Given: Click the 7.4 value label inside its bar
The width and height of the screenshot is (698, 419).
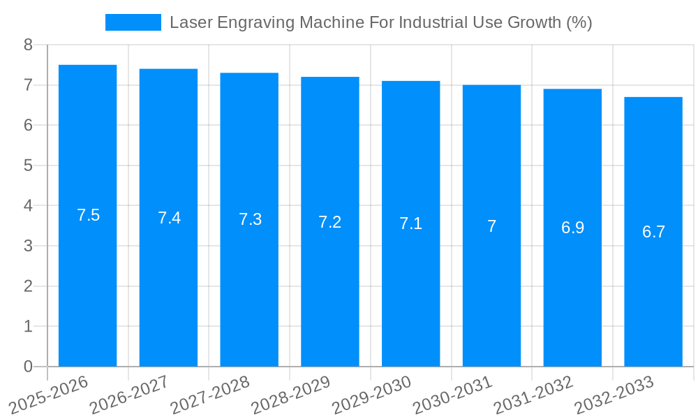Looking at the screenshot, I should [169, 218].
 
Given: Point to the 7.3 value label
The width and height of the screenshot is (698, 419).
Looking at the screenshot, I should [250, 219].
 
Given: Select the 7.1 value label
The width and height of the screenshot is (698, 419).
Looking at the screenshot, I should [410, 223].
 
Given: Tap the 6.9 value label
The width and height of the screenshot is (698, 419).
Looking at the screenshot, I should [572, 228].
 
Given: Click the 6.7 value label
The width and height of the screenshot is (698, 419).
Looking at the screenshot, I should [653, 232].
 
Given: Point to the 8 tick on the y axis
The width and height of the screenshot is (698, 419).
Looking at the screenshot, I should [28, 45].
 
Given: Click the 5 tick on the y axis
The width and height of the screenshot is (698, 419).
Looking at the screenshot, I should [28, 166].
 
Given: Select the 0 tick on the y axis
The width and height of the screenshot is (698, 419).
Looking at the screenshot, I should [28, 367].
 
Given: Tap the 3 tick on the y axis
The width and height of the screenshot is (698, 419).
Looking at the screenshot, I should [28, 247].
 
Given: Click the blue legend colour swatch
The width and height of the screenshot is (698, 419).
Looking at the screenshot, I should [133, 22].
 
